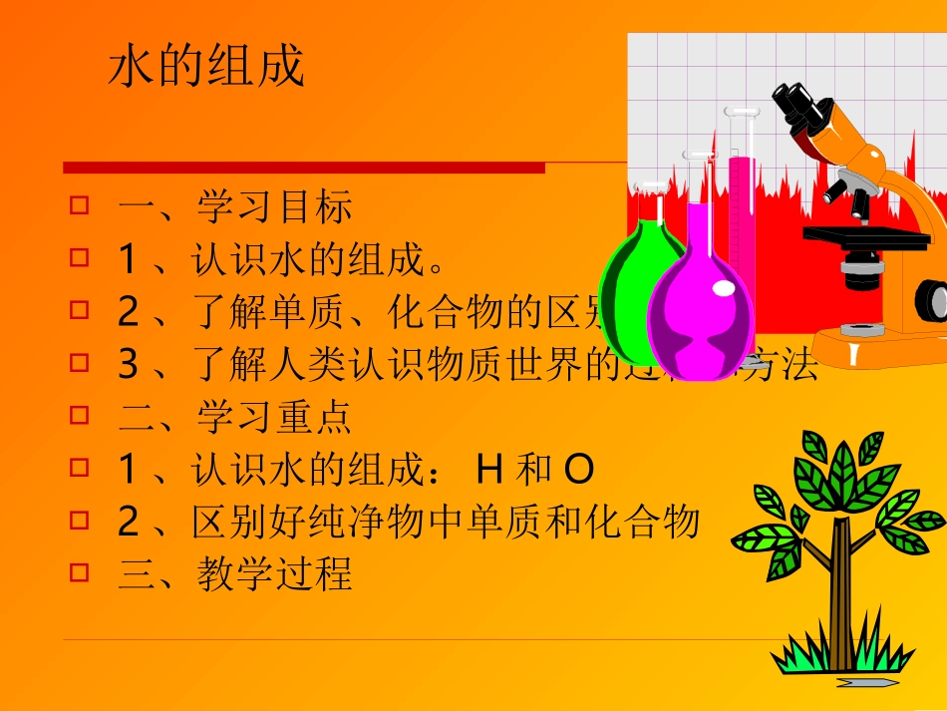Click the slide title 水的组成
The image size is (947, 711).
tap(205, 68)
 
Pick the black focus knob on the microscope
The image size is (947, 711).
tap(932, 299)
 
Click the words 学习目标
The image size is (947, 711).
tap(274, 208)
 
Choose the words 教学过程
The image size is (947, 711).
tap(274, 574)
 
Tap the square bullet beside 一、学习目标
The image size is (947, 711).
tap(79, 206)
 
